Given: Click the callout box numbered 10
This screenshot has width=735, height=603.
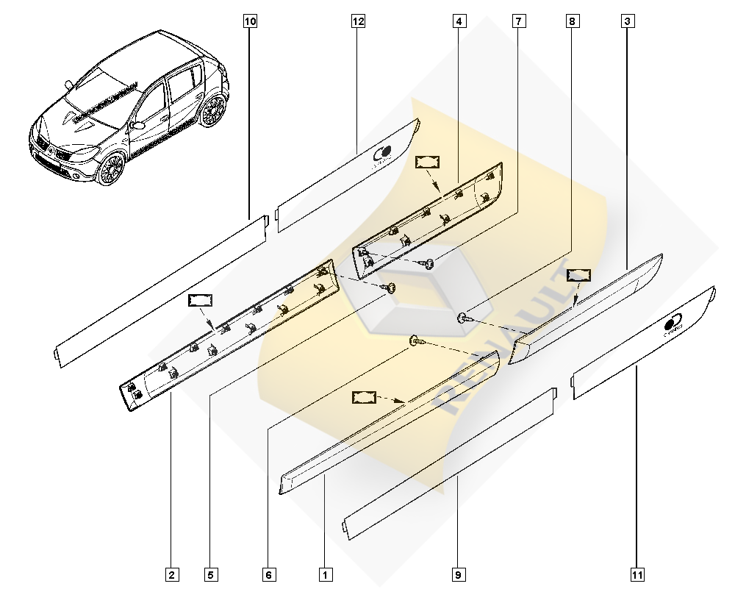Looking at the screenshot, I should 250,21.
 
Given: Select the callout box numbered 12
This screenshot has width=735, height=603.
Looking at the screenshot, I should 358,21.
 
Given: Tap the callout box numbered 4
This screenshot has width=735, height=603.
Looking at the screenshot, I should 459,21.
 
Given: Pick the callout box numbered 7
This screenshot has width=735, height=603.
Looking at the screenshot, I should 519,21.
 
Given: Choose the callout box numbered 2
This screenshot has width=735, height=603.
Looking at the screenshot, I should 171,574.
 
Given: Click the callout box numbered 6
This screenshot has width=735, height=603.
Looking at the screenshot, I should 270,574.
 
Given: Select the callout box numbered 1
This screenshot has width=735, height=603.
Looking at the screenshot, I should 323,574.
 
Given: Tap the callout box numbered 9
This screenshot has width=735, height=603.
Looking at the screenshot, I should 458,574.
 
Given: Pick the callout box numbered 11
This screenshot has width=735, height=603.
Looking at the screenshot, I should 637,574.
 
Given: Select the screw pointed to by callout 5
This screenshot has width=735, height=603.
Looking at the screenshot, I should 390,287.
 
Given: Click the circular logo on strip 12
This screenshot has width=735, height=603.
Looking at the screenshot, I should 383,153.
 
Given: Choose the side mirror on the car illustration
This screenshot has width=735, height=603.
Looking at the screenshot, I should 137,126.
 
